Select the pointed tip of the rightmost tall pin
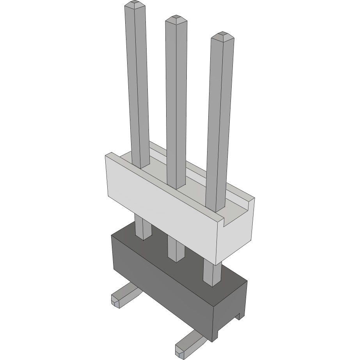222,35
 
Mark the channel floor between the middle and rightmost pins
197,187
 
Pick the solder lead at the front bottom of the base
187,343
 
